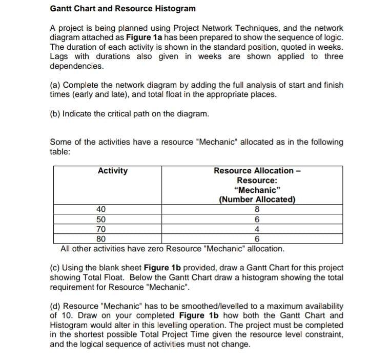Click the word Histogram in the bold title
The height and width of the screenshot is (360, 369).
click(x=173, y=9)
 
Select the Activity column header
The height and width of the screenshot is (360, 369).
click(x=113, y=171)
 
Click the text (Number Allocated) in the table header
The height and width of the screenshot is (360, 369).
click(x=257, y=200)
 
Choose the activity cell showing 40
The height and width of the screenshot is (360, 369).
click(x=101, y=210)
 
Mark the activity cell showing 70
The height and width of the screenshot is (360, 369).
click(x=101, y=229)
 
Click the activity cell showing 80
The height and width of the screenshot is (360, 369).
click(x=101, y=239)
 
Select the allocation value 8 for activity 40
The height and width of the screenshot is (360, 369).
click(x=257, y=210)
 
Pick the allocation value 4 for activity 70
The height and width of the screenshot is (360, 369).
click(x=257, y=229)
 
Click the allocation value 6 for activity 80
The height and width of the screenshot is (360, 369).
click(x=257, y=239)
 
